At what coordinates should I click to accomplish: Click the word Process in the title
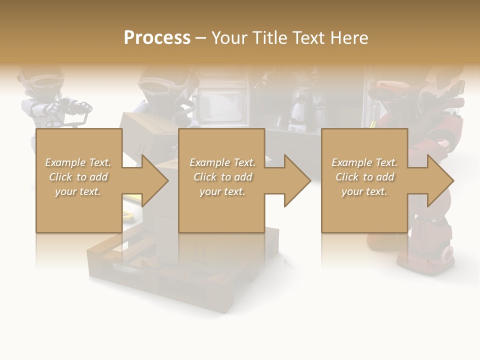point(157,37)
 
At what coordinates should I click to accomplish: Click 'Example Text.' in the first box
point(78,162)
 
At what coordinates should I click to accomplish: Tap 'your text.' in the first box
point(78,191)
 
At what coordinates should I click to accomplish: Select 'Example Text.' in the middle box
point(222,162)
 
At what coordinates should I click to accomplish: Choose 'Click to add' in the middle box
point(222,177)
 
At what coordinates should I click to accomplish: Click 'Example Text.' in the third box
point(364,162)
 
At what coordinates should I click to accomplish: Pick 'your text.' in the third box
point(364,191)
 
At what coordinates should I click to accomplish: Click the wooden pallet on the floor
point(150,270)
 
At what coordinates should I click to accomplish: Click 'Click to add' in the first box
point(78,177)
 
